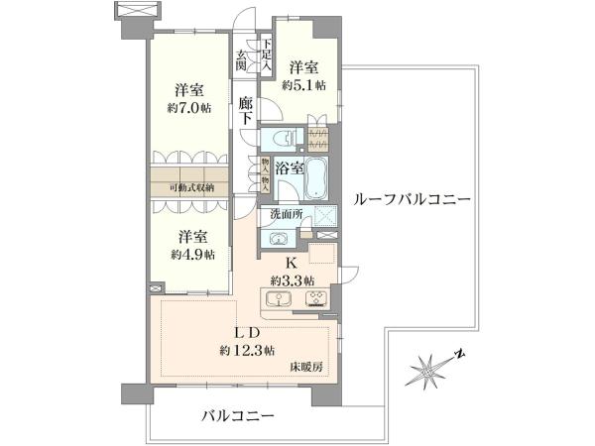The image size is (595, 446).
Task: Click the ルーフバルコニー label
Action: coord(412,199)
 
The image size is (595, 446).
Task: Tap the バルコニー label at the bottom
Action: coord(238,416)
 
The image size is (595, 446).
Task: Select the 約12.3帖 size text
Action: coord(247,350)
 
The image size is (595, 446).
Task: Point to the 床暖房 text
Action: coord(306,367)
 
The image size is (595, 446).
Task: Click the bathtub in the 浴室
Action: coord(317,177)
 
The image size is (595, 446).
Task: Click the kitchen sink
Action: coord(279,299)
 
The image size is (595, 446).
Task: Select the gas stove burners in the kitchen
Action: coord(317,299)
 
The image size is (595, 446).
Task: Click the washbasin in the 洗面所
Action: coord(278,239)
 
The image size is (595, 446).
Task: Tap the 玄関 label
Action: coord(241,60)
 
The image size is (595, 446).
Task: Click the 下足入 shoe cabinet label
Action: coord(267,55)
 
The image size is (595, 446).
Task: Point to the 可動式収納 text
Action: coord(192,187)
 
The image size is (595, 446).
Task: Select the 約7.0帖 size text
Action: coord(189,108)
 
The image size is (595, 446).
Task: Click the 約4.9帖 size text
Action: coord(192,255)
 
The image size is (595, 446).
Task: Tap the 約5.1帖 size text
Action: coord(304,85)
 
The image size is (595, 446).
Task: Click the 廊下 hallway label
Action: coord(246,110)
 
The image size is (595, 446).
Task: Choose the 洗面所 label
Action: coord(287,214)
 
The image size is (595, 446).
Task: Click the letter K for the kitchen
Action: coord(291,263)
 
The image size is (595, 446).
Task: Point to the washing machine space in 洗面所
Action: coord(325,218)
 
